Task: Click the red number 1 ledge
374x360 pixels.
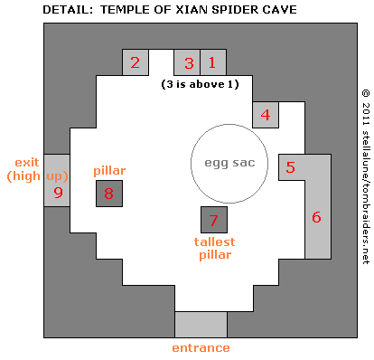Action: point(212,62)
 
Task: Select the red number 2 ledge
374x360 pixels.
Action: point(136,62)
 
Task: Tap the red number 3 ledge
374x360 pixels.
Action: point(188,62)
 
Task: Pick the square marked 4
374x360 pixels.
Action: point(265,115)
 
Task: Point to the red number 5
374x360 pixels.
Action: point(290,167)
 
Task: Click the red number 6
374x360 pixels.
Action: point(316,217)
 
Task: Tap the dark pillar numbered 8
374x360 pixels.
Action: point(109,193)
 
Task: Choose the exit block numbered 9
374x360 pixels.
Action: point(58,193)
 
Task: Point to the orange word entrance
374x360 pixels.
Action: point(200,347)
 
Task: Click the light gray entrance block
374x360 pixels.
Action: point(200,324)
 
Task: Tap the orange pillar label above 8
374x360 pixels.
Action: point(108,170)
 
